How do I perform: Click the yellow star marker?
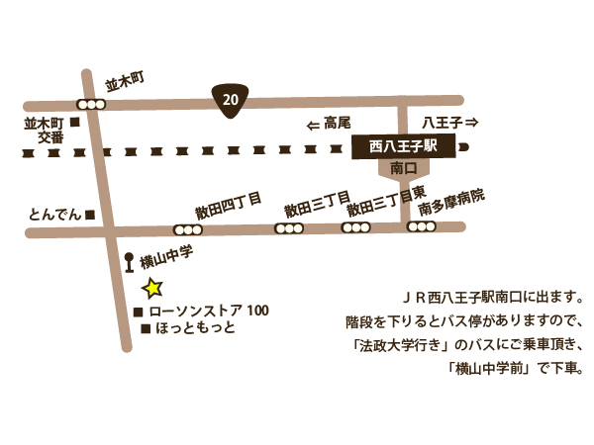[x=152, y=289]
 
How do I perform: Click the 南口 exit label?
[x=402, y=169]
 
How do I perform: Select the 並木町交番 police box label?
[x=44, y=131]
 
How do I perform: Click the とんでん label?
[x=54, y=215]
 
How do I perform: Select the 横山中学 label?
[x=165, y=260]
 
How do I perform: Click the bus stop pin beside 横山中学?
[x=129, y=262]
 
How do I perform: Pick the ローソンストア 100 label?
[x=208, y=311]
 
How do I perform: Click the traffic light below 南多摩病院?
[x=421, y=226]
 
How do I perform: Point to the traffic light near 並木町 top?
[x=92, y=103]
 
